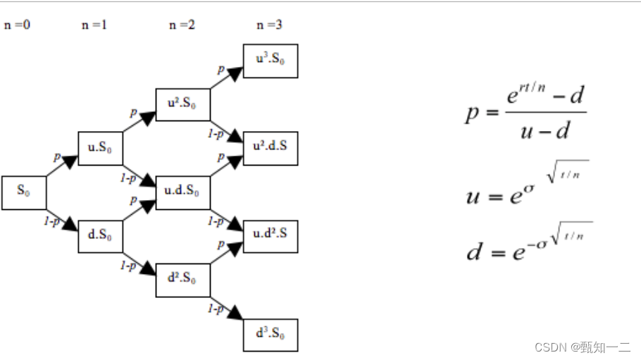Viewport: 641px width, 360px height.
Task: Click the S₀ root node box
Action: [24, 192]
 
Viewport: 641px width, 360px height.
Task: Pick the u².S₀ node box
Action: [182, 105]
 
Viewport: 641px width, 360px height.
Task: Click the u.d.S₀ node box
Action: [182, 192]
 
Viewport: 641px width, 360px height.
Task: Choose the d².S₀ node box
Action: [182, 280]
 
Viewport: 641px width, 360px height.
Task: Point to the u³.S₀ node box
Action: [270, 61]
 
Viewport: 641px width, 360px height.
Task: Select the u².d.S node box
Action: [270, 149]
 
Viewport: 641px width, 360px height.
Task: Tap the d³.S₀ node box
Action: [270, 335]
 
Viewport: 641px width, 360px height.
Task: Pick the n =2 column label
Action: [182, 25]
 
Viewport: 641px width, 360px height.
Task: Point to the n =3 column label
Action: [269, 25]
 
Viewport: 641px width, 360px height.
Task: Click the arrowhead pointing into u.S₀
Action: [70, 161]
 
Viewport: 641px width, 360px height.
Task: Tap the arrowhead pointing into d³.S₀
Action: [236, 314]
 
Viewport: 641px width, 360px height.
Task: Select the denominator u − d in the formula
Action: [545, 130]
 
